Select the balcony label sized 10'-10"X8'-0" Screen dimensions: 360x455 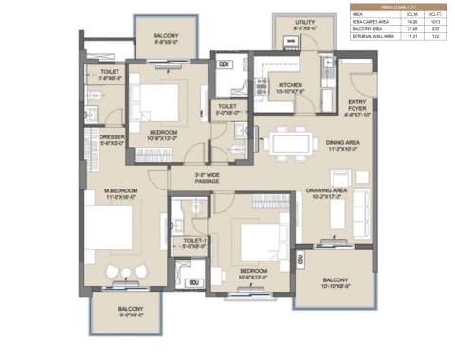(335, 283)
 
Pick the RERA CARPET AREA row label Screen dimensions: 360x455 (372, 23)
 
